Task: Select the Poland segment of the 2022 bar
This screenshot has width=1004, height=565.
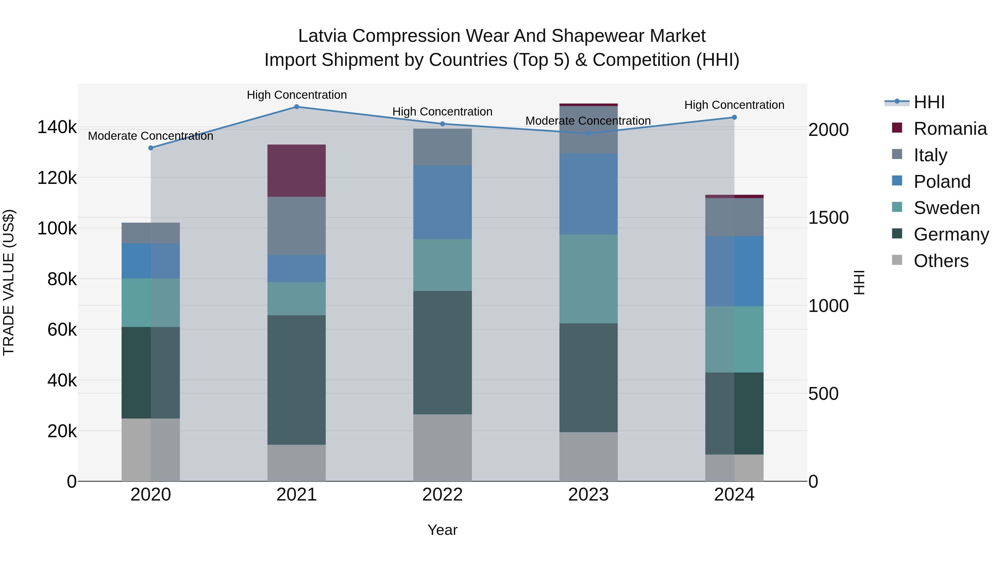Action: click(x=442, y=202)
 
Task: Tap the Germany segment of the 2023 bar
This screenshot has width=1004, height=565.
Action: click(x=588, y=378)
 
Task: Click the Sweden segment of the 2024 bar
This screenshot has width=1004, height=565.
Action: click(x=734, y=339)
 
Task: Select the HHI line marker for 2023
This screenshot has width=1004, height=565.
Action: click(x=588, y=133)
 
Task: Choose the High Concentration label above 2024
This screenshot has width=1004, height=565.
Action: click(x=734, y=105)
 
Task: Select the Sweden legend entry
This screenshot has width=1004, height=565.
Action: click(x=946, y=208)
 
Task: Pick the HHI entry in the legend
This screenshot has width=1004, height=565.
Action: click(x=928, y=102)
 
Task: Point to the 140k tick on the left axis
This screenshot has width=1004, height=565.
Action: click(x=57, y=127)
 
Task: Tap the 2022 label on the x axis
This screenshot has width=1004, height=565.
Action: click(x=442, y=494)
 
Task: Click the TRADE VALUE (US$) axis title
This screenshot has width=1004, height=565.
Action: click(x=9, y=282)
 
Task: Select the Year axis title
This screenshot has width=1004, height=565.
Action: click(x=442, y=530)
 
